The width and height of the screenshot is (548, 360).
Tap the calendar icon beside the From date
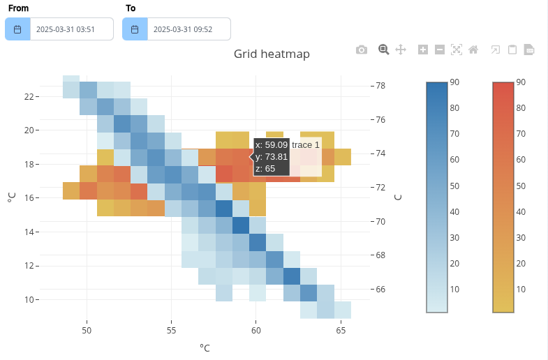tap(17, 29)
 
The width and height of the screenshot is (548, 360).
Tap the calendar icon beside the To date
tap(135, 29)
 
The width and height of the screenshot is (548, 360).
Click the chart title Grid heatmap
tap(272, 54)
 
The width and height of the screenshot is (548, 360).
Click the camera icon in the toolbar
tap(362, 50)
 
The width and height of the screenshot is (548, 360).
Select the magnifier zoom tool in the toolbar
tap(383, 50)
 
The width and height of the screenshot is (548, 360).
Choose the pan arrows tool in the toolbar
tap(401, 50)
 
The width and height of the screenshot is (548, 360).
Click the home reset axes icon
tap(473, 50)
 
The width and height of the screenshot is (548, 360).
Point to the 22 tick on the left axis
tap(29, 96)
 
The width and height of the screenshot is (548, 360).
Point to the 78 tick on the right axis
tap(381, 86)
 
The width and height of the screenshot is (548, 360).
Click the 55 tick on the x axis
tap(172, 329)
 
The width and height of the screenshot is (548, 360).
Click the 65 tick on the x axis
tap(341, 329)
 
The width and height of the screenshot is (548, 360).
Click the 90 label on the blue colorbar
tap(454, 82)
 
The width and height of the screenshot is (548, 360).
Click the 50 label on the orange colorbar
tap(520, 186)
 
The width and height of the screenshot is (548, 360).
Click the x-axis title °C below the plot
tap(205, 347)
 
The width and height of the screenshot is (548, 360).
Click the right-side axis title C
tap(398, 197)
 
